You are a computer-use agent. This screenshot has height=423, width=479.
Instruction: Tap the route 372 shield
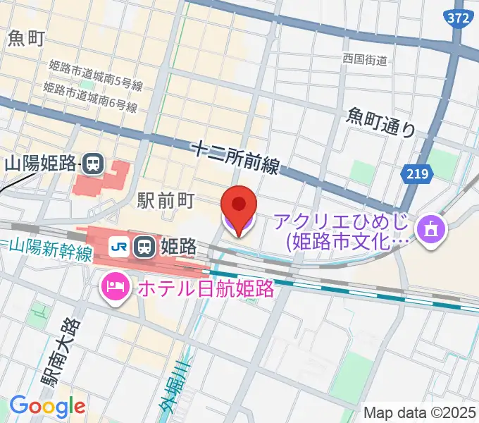tap(458, 19)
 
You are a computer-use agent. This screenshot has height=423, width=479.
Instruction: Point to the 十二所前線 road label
tap(236, 157)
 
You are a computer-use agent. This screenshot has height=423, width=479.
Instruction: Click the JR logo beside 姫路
tap(119, 246)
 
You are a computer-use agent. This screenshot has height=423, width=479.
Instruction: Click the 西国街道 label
tap(365, 60)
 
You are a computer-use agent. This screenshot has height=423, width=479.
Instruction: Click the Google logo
tap(47, 405)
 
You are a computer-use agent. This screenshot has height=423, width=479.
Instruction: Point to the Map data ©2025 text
tap(421, 412)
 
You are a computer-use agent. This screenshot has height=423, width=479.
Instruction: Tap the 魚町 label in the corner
tap(27, 38)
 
